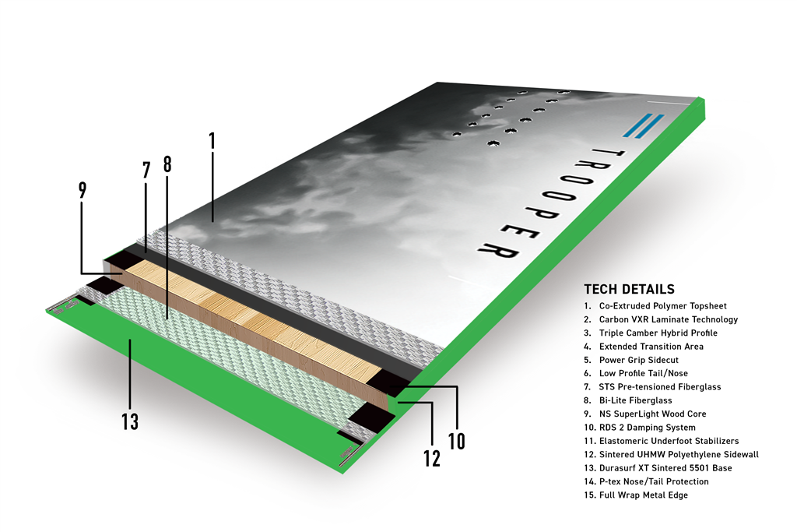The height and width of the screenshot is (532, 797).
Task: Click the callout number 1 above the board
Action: (212, 141)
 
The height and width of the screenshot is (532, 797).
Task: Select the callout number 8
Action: (167, 164)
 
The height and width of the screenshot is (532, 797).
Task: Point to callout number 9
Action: (83, 189)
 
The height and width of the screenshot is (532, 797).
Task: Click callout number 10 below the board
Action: (457, 440)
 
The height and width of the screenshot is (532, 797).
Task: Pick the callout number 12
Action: (430, 458)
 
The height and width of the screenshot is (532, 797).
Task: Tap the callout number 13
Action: (130, 421)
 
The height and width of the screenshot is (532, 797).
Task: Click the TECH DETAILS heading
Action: (629, 290)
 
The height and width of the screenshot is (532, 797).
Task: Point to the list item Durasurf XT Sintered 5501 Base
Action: (658, 468)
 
